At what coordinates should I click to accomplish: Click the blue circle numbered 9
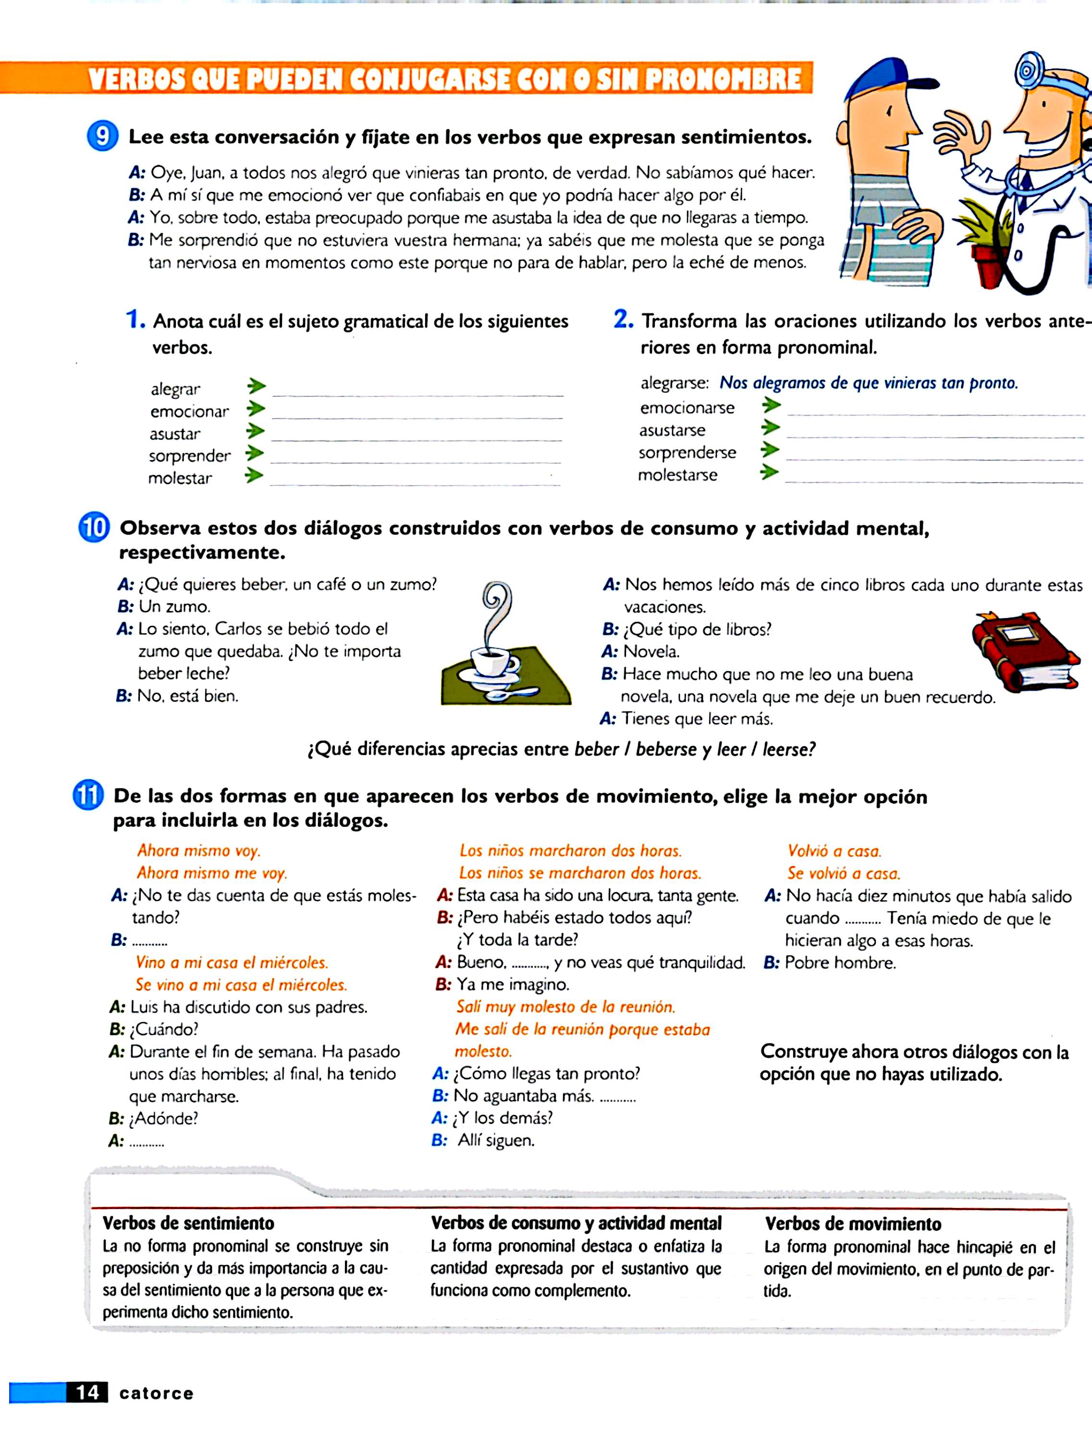[x=102, y=136]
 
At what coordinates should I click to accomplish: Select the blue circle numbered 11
[x=88, y=795]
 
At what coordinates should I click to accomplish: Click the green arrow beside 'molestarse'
[x=770, y=472]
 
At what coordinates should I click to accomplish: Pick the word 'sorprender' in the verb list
[x=190, y=455]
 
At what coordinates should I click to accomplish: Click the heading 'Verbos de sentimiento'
[x=188, y=1223]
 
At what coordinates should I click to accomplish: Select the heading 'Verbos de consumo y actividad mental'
[x=576, y=1223]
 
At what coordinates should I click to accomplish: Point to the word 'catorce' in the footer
[x=156, y=1393]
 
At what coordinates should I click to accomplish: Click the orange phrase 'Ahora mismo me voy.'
[x=212, y=873]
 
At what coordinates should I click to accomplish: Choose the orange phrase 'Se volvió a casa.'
[x=843, y=873]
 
